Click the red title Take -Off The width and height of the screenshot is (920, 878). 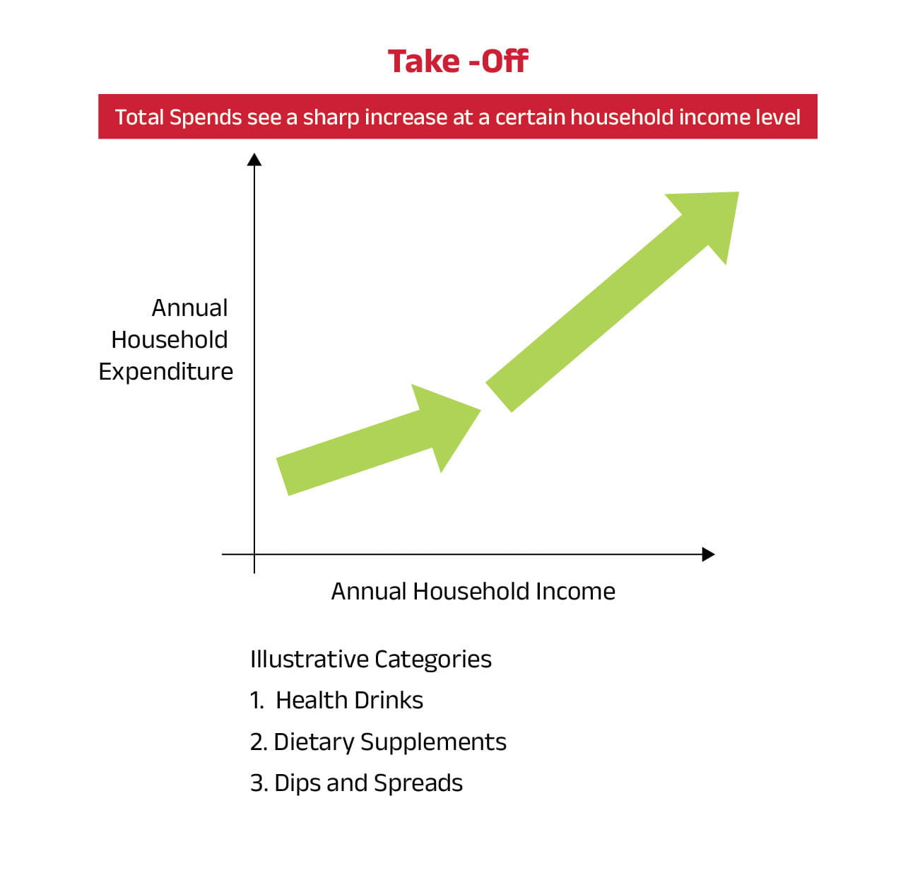(458, 62)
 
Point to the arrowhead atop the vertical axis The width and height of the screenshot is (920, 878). (254, 160)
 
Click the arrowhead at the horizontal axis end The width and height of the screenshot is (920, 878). (709, 554)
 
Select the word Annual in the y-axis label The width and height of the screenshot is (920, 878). (189, 308)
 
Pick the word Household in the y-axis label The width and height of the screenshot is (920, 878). (170, 340)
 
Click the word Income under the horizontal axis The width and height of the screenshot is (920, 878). (575, 591)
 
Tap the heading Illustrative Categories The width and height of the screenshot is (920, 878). (371, 660)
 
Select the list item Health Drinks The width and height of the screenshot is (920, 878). (349, 700)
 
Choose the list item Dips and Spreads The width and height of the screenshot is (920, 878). (368, 783)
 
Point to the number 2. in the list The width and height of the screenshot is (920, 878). (259, 742)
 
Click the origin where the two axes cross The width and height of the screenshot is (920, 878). (254, 554)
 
